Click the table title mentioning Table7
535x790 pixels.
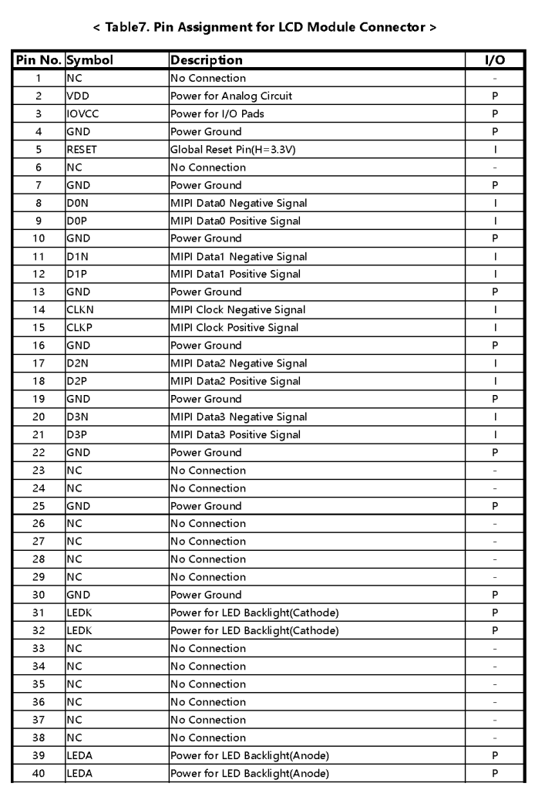click(x=267, y=28)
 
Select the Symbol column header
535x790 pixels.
click(x=91, y=60)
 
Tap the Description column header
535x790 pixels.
click(x=206, y=60)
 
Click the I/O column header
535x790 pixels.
click(x=494, y=60)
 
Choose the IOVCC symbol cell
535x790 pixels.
click(x=82, y=113)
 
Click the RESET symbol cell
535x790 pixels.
click(x=81, y=150)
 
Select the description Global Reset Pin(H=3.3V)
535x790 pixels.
click(x=232, y=150)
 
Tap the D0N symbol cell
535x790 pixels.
click(x=77, y=203)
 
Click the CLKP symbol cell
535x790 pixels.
click(x=79, y=328)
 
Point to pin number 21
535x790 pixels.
click(x=38, y=435)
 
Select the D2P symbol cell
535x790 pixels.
click(x=76, y=381)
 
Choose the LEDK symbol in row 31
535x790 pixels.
click(x=79, y=613)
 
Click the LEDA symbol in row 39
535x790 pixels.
click(x=79, y=756)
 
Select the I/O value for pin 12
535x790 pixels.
click(x=494, y=274)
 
